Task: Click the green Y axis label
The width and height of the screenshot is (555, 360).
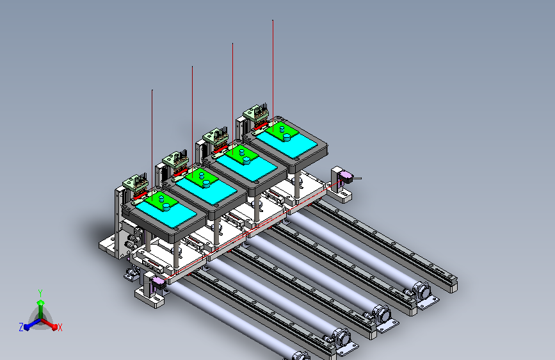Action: (40, 293)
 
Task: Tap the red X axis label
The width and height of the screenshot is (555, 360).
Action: (60, 327)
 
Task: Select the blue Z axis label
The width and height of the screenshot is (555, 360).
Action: (21, 327)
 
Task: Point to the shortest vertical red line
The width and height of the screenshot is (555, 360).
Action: (152, 145)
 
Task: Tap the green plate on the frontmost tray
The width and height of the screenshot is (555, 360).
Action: (161, 200)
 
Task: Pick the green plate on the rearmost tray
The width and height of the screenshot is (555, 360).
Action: (282, 131)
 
